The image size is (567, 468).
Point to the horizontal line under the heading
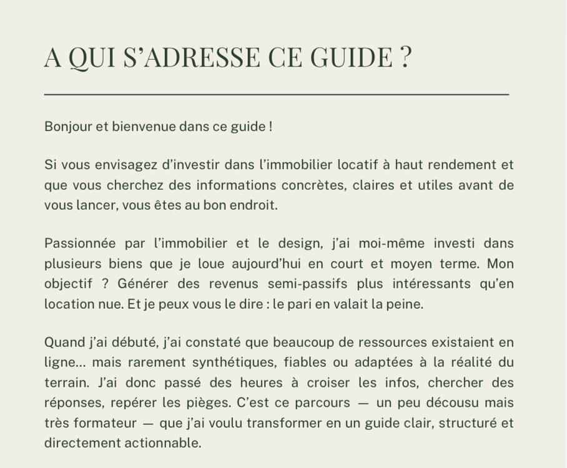(277, 94)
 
